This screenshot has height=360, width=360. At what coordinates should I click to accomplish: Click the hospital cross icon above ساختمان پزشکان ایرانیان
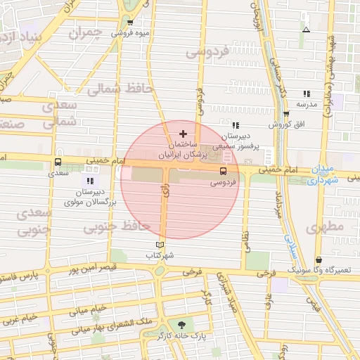tap(183, 134)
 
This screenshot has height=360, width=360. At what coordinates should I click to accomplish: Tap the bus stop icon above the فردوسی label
tap(224, 171)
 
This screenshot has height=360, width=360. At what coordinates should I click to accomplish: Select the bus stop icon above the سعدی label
tap(58, 162)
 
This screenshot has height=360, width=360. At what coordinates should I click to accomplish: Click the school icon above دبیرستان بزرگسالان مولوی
tap(89, 181)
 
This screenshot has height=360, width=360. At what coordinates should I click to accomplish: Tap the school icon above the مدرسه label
tap(307, 94)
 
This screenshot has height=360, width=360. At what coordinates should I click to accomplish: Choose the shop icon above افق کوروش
tap(286, 114)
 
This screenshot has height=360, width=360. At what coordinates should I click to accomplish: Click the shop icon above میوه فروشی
tap(130, 22)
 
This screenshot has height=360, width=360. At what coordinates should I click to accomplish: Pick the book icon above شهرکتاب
tap(160, 245)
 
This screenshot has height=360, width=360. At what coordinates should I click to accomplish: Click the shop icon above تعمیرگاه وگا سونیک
tap(319, 259)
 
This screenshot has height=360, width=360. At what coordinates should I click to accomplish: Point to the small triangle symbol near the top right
tap(305, 30)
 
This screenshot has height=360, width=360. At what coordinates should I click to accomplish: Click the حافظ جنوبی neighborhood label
tap(117, 227)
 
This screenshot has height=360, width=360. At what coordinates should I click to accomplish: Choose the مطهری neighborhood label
tap(324, 226)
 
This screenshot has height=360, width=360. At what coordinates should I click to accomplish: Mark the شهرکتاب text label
tap(161, 256)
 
